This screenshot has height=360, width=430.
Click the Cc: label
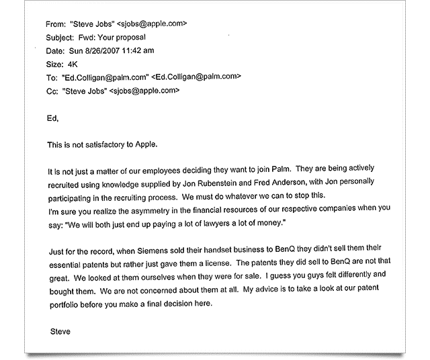coord(52,90)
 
